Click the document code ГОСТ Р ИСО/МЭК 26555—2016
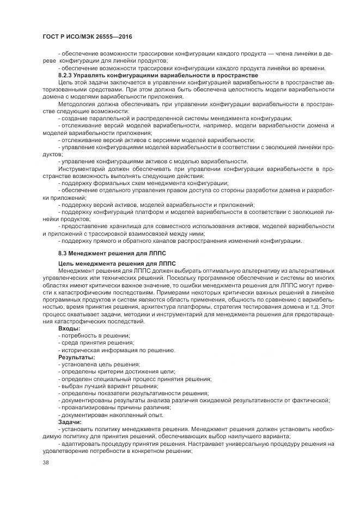(88, 36)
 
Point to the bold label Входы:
(69, 328)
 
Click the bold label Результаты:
(77, 357)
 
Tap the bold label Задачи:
(70, 422)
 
